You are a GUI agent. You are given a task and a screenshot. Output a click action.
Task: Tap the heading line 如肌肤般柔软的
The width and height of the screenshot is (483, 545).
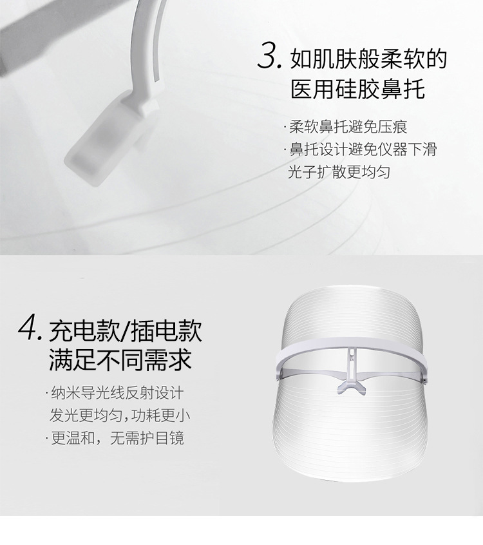click(x=368, y=59)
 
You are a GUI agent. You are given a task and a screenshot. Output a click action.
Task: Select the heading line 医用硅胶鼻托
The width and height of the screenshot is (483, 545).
click(x=358, y=90)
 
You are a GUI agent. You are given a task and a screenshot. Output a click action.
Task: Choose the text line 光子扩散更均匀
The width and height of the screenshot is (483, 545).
click(x=339, y=173)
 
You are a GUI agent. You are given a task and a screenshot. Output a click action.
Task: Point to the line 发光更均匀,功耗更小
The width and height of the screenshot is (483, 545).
click(x=120, y=416)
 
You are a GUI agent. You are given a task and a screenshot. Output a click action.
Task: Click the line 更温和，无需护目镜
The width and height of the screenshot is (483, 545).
click(x=118, y=439)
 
